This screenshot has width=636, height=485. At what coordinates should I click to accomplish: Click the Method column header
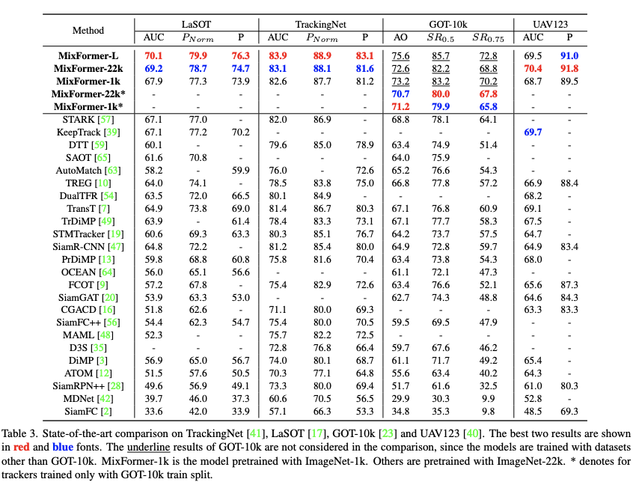[88, 31]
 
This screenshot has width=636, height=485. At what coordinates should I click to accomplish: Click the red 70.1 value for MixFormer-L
[153, 55]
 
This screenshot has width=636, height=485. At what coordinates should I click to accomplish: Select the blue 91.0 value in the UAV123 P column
[569, 55]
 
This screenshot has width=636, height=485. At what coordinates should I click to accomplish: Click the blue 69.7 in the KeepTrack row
[533, 132]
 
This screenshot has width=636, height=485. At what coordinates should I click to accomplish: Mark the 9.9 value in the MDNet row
[489, 398]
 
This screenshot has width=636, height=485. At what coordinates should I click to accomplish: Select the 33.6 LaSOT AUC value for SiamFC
[153, 411]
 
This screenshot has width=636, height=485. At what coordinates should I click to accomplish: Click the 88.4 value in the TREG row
[569, 183]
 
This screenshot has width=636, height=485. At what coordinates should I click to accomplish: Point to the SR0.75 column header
[488, 38]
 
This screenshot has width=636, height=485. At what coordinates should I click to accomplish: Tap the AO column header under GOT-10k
[401, 37]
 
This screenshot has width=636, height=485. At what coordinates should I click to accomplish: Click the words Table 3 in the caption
[22, 435]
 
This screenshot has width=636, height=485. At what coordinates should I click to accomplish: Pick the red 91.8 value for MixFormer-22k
[569, 68]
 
